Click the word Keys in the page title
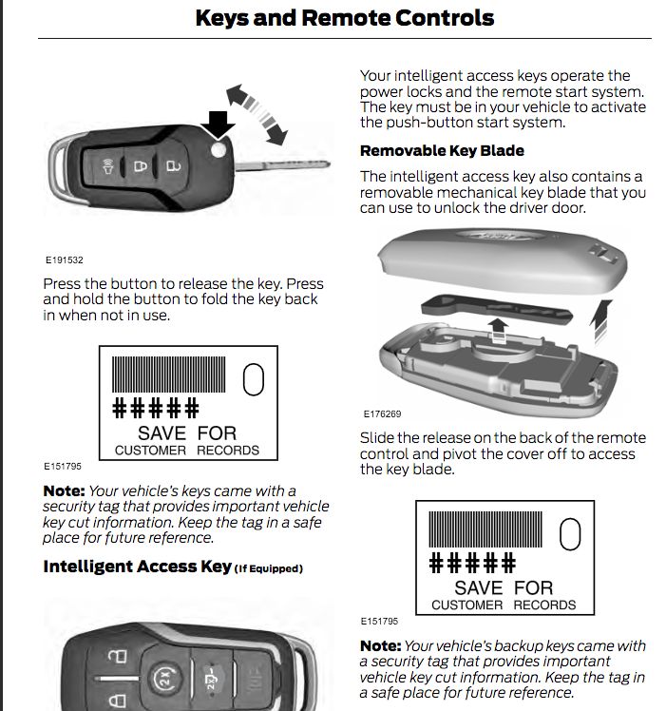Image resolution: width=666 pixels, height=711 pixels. [223, 17]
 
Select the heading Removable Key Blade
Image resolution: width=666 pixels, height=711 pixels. [442, 150]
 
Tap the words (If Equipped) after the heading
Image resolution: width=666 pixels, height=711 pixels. [269, 569]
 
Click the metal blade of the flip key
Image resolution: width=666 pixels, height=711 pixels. [285, 164]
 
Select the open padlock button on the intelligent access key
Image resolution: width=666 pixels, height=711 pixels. [116, 658]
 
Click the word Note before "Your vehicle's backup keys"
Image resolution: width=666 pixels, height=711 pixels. [379, 645]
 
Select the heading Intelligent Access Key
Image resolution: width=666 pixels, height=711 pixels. [137, 567]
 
